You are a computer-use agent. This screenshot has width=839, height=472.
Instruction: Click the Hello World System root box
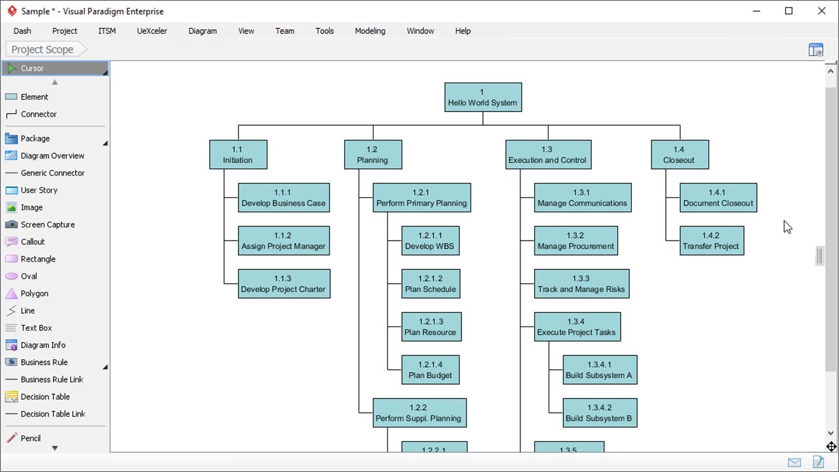[483, 97]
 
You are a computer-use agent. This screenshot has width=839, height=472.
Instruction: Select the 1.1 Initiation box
[238, 155]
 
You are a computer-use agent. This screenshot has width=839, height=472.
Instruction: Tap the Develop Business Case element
[283, 198]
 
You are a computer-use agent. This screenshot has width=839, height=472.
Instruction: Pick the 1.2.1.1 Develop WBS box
[430, 241]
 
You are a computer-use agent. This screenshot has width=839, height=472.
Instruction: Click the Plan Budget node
[431, 370]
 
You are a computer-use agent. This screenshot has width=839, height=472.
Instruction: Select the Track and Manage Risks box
[581, 284]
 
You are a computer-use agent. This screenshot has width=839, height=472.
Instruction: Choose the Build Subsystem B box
[599, 413]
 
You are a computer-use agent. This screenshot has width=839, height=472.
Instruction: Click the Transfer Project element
[711, 241]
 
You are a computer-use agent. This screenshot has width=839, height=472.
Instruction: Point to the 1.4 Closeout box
[679, 155]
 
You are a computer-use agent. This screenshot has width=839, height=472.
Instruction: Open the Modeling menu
[370, 31]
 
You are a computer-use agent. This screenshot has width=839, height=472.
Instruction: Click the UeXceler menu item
[152, 31]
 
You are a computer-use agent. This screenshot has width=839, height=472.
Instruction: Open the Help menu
[463, 31]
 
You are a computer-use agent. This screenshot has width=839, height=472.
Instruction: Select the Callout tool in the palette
[33, 242]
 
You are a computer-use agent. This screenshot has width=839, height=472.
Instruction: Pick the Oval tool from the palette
[29, 276]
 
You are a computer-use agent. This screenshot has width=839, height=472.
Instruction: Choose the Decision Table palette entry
[45, 397]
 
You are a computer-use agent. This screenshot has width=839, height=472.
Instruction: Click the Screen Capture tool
[47, 224]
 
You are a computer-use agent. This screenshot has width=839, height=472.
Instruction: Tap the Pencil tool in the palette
[30, 438]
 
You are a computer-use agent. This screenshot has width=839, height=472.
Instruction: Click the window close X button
[821, 11]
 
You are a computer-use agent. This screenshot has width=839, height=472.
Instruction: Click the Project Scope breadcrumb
[42, 49]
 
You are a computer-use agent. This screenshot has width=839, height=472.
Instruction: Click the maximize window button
[789, 11]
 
